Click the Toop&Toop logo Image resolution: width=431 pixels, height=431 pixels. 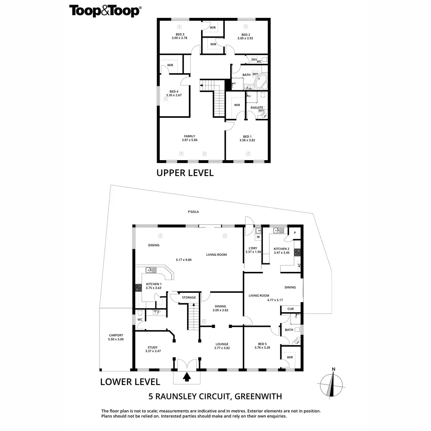pyautogui.click(x=105, y=11)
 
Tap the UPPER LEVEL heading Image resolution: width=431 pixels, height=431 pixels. pyautogui.click(x=185, y=173)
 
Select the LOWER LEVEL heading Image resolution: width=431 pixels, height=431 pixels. pyautogui.click(x=130, y=381)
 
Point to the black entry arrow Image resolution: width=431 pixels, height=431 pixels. pyautogui.click(x=187, y=377)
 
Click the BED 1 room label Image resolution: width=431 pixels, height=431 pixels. pyautogui.click(x=247, y=136)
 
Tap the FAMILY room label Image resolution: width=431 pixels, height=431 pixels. pyautogui.click(x=189, y=136)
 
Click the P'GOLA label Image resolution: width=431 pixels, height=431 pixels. pyautogui.click(x=193, y=212)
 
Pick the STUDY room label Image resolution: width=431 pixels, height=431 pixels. pyautogui.click(x=153, y=347)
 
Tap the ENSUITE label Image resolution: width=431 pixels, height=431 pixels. pyautogui.click(x=257, y=107)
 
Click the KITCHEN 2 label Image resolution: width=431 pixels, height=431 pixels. pyautogui.click(x=281, y=249)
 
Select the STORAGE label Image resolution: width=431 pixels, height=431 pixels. pyautogui.click(x=189, y=297)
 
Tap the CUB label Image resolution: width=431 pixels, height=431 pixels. pyautogui.click(x=290, y=309)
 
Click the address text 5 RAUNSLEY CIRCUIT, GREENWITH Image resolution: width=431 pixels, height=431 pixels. pyautogui.click(x=215, y=397)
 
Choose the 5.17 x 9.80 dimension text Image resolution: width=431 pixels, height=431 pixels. pyautogui.click(x=184, y=260)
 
